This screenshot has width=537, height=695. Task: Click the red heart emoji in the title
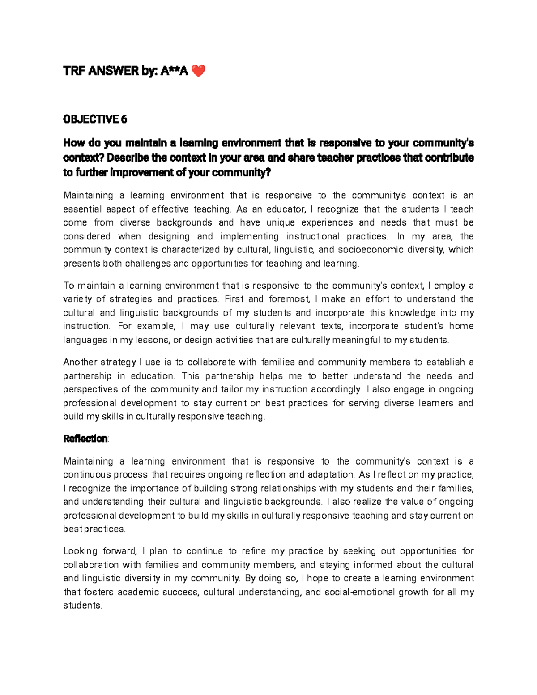click(x=198, y=71)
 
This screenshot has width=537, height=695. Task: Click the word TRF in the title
click(x=75, y=71)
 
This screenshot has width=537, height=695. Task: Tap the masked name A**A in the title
click(x=174, y=71)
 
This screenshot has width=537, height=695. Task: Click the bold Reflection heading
click(x=85, y=439)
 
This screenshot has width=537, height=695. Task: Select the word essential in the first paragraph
click(x=82, y=209)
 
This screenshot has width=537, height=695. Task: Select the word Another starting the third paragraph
click(x=81, y=362)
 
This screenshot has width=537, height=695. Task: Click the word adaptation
click(x=328, y=474)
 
